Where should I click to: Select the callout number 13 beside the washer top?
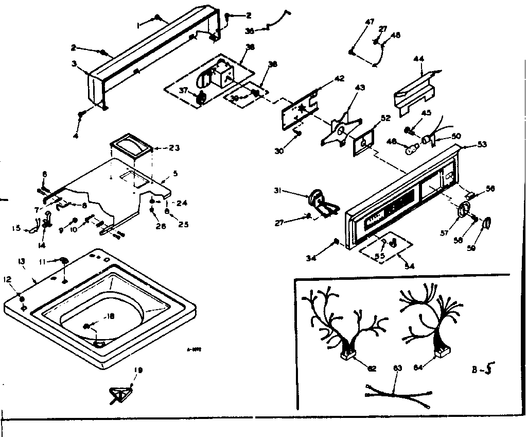[21, 262]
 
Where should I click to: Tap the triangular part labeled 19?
[120, 395]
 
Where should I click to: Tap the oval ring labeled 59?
[486, 223]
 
